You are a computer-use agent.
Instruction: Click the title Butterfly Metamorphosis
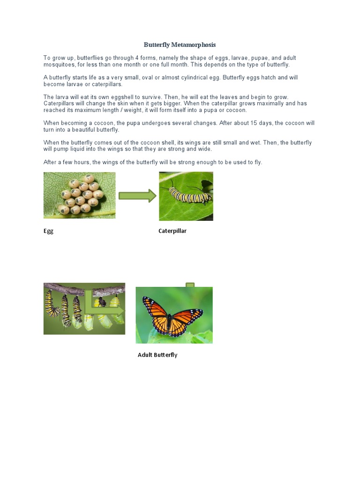point(180,45)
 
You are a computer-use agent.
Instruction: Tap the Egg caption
point(48,231)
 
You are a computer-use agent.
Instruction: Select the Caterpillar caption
point(172,231)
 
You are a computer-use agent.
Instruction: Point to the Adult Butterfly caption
point(157,355)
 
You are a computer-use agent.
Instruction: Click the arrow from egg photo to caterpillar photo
point(137,195)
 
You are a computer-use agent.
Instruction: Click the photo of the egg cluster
point(79,195)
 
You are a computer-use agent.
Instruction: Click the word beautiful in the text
point(83,129)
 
